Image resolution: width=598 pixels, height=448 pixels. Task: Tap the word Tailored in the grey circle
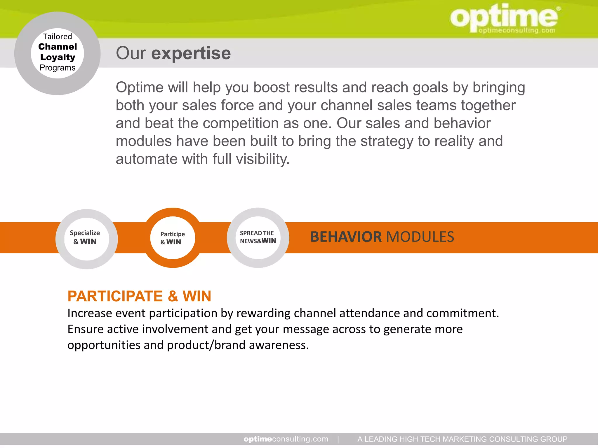58,36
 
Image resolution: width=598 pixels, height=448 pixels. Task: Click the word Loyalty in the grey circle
58,57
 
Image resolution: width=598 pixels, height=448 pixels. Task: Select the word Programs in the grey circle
58,68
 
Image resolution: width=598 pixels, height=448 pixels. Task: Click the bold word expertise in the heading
191,53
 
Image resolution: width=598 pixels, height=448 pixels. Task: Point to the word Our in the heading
131,53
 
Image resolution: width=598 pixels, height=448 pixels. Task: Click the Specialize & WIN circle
86,239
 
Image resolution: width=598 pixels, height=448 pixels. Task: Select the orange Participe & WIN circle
173,238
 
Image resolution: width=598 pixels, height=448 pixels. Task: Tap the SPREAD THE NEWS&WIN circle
258,238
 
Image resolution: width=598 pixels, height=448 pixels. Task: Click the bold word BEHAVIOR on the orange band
346,237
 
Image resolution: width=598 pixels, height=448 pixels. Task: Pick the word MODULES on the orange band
420,237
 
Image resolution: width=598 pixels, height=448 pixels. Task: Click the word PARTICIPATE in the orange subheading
115,296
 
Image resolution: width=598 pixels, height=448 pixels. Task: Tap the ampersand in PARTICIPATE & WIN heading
173,296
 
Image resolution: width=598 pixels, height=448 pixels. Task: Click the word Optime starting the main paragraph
139,87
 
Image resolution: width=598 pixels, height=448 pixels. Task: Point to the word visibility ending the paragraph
263,159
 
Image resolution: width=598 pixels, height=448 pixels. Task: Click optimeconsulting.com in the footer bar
286,439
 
